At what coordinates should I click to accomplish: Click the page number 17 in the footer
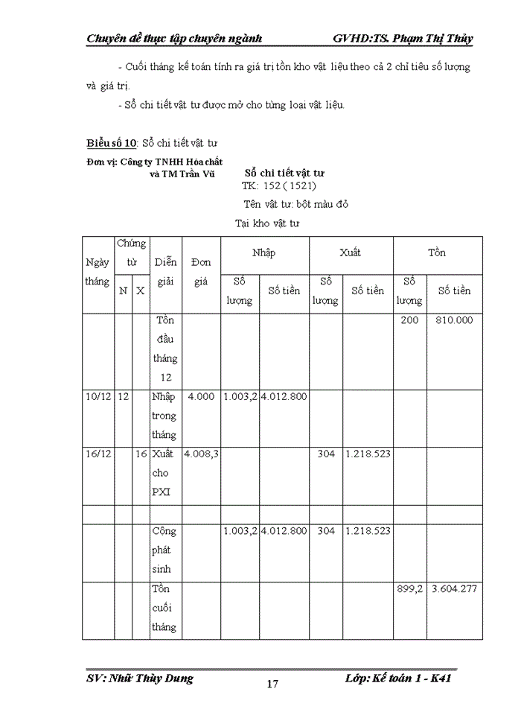point(272,684)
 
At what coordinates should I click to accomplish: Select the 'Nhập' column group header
point(263,253)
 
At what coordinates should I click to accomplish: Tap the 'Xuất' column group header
point(351,253)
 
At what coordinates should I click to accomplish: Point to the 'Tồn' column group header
point(437,253)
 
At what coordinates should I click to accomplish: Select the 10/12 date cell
point(98,397)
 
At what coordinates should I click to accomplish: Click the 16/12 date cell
point(98,454)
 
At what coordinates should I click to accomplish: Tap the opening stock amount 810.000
point(454,320)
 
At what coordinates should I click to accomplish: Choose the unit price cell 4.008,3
point(200,454)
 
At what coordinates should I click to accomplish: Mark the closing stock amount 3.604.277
point(454,589)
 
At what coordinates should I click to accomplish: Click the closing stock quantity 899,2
point(409,589)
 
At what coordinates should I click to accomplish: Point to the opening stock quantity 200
point(409,320)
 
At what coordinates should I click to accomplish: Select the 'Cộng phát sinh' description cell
point(164,550)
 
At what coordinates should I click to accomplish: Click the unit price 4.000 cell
point(201,397)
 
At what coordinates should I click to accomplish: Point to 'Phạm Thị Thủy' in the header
point(434,38)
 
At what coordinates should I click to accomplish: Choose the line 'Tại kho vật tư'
point(267,223)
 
